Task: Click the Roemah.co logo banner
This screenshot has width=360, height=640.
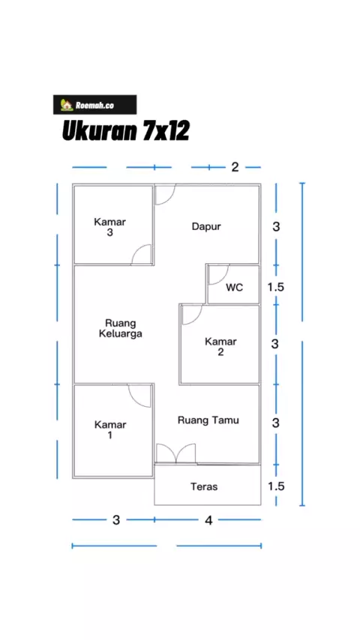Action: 94,105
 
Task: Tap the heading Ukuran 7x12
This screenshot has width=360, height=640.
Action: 126,131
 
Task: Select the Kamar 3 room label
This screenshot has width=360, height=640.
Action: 110,227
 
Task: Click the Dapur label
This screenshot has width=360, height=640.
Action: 206,226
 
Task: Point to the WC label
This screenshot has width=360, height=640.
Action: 235,287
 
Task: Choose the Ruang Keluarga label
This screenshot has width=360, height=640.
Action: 121,328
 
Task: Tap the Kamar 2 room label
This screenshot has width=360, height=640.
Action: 220,346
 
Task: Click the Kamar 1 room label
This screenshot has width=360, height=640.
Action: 110,430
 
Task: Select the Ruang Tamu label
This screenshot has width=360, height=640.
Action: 208,420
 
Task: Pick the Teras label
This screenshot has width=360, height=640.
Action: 204,486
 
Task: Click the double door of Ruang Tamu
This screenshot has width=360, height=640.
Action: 176,454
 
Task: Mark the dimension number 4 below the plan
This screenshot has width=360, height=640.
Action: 208,520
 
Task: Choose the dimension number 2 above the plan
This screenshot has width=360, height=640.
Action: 235,167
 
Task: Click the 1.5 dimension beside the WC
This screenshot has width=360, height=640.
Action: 276,287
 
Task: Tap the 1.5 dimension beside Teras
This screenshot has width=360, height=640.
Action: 276,486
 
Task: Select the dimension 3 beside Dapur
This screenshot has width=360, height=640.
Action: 276,227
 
